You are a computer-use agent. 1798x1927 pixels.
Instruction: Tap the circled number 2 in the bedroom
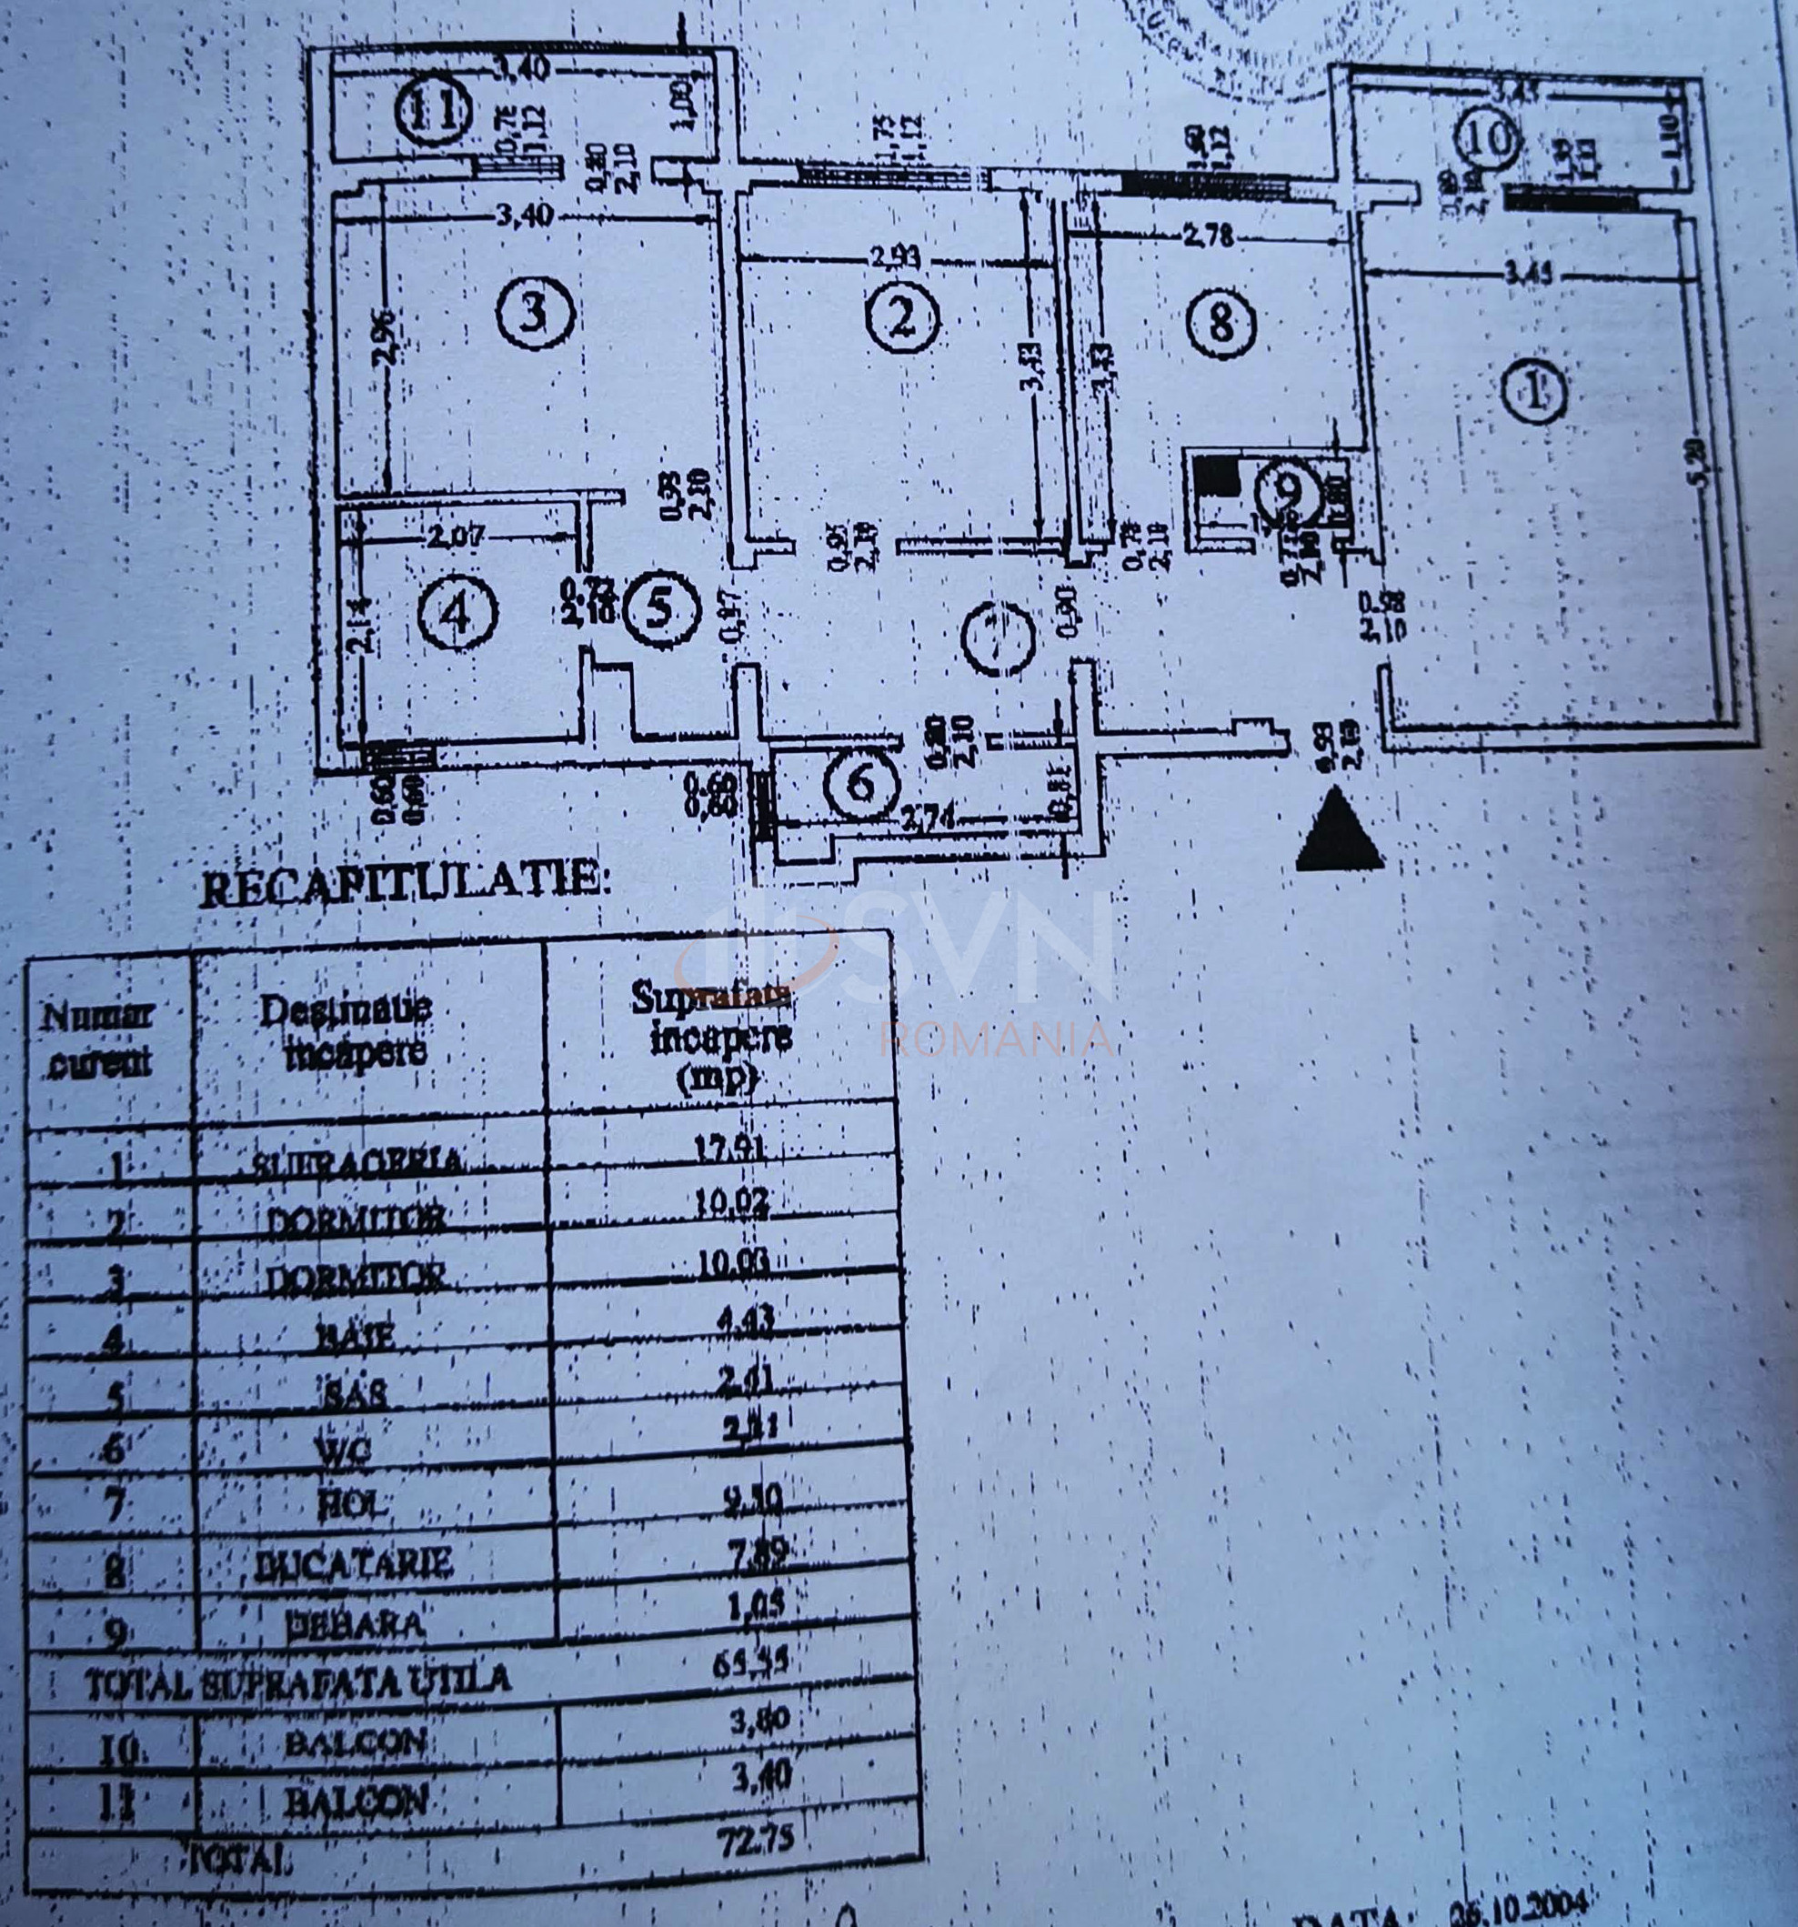902,318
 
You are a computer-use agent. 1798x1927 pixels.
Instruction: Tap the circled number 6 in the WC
861,782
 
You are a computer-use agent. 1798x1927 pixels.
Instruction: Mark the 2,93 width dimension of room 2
896,258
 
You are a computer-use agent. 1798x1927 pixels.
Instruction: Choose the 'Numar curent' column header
99,1039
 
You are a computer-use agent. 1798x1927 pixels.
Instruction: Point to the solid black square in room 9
1215,477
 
